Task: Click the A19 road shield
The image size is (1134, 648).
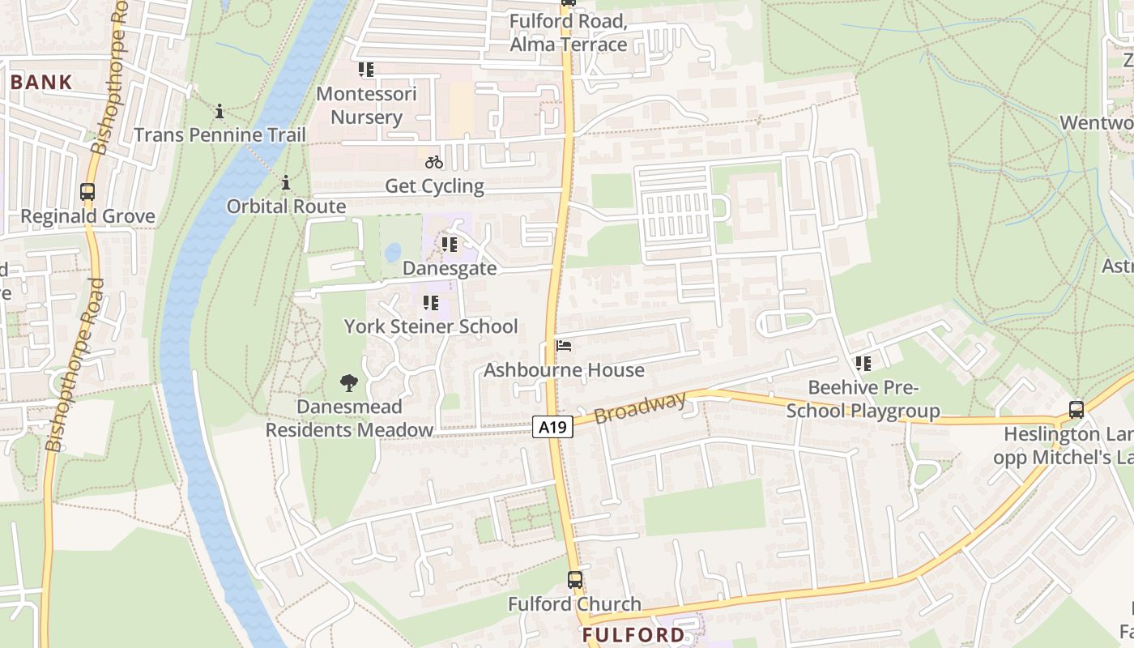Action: (x=553, y=426)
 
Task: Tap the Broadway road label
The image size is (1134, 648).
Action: (x=640, y=407)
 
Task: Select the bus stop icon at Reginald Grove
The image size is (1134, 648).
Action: (x=87, y=192)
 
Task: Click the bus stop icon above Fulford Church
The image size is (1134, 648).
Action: (x=574, y=580)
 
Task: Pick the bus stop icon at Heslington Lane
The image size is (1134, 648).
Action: (x=1076, y=410)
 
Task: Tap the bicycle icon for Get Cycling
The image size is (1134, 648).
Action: (x=434, y=162)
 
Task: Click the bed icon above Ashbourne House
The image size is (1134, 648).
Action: (x=565, y=346)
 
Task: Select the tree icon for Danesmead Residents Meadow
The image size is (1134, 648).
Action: (x=349, y=382)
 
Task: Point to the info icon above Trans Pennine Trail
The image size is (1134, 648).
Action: (x=220, y=111)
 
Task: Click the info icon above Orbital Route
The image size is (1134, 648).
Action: (x=286, y=183)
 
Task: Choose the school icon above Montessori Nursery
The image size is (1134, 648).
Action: (x=366, y=70)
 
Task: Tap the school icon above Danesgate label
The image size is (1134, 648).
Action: (x=449, y=244)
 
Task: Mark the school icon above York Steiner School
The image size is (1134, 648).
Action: (x=430, y=303)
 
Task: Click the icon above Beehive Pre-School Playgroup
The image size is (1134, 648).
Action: (x=863, y=364)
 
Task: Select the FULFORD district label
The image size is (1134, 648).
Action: (x=633, y=634)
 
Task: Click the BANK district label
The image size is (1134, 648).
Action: (x=41, y=82)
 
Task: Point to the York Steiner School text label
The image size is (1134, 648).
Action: (x=431, y=326)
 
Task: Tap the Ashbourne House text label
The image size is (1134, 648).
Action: (x=564, y=370)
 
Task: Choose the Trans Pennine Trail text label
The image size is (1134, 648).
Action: (x=220, y=134)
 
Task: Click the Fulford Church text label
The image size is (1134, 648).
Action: (x=574, y=604)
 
